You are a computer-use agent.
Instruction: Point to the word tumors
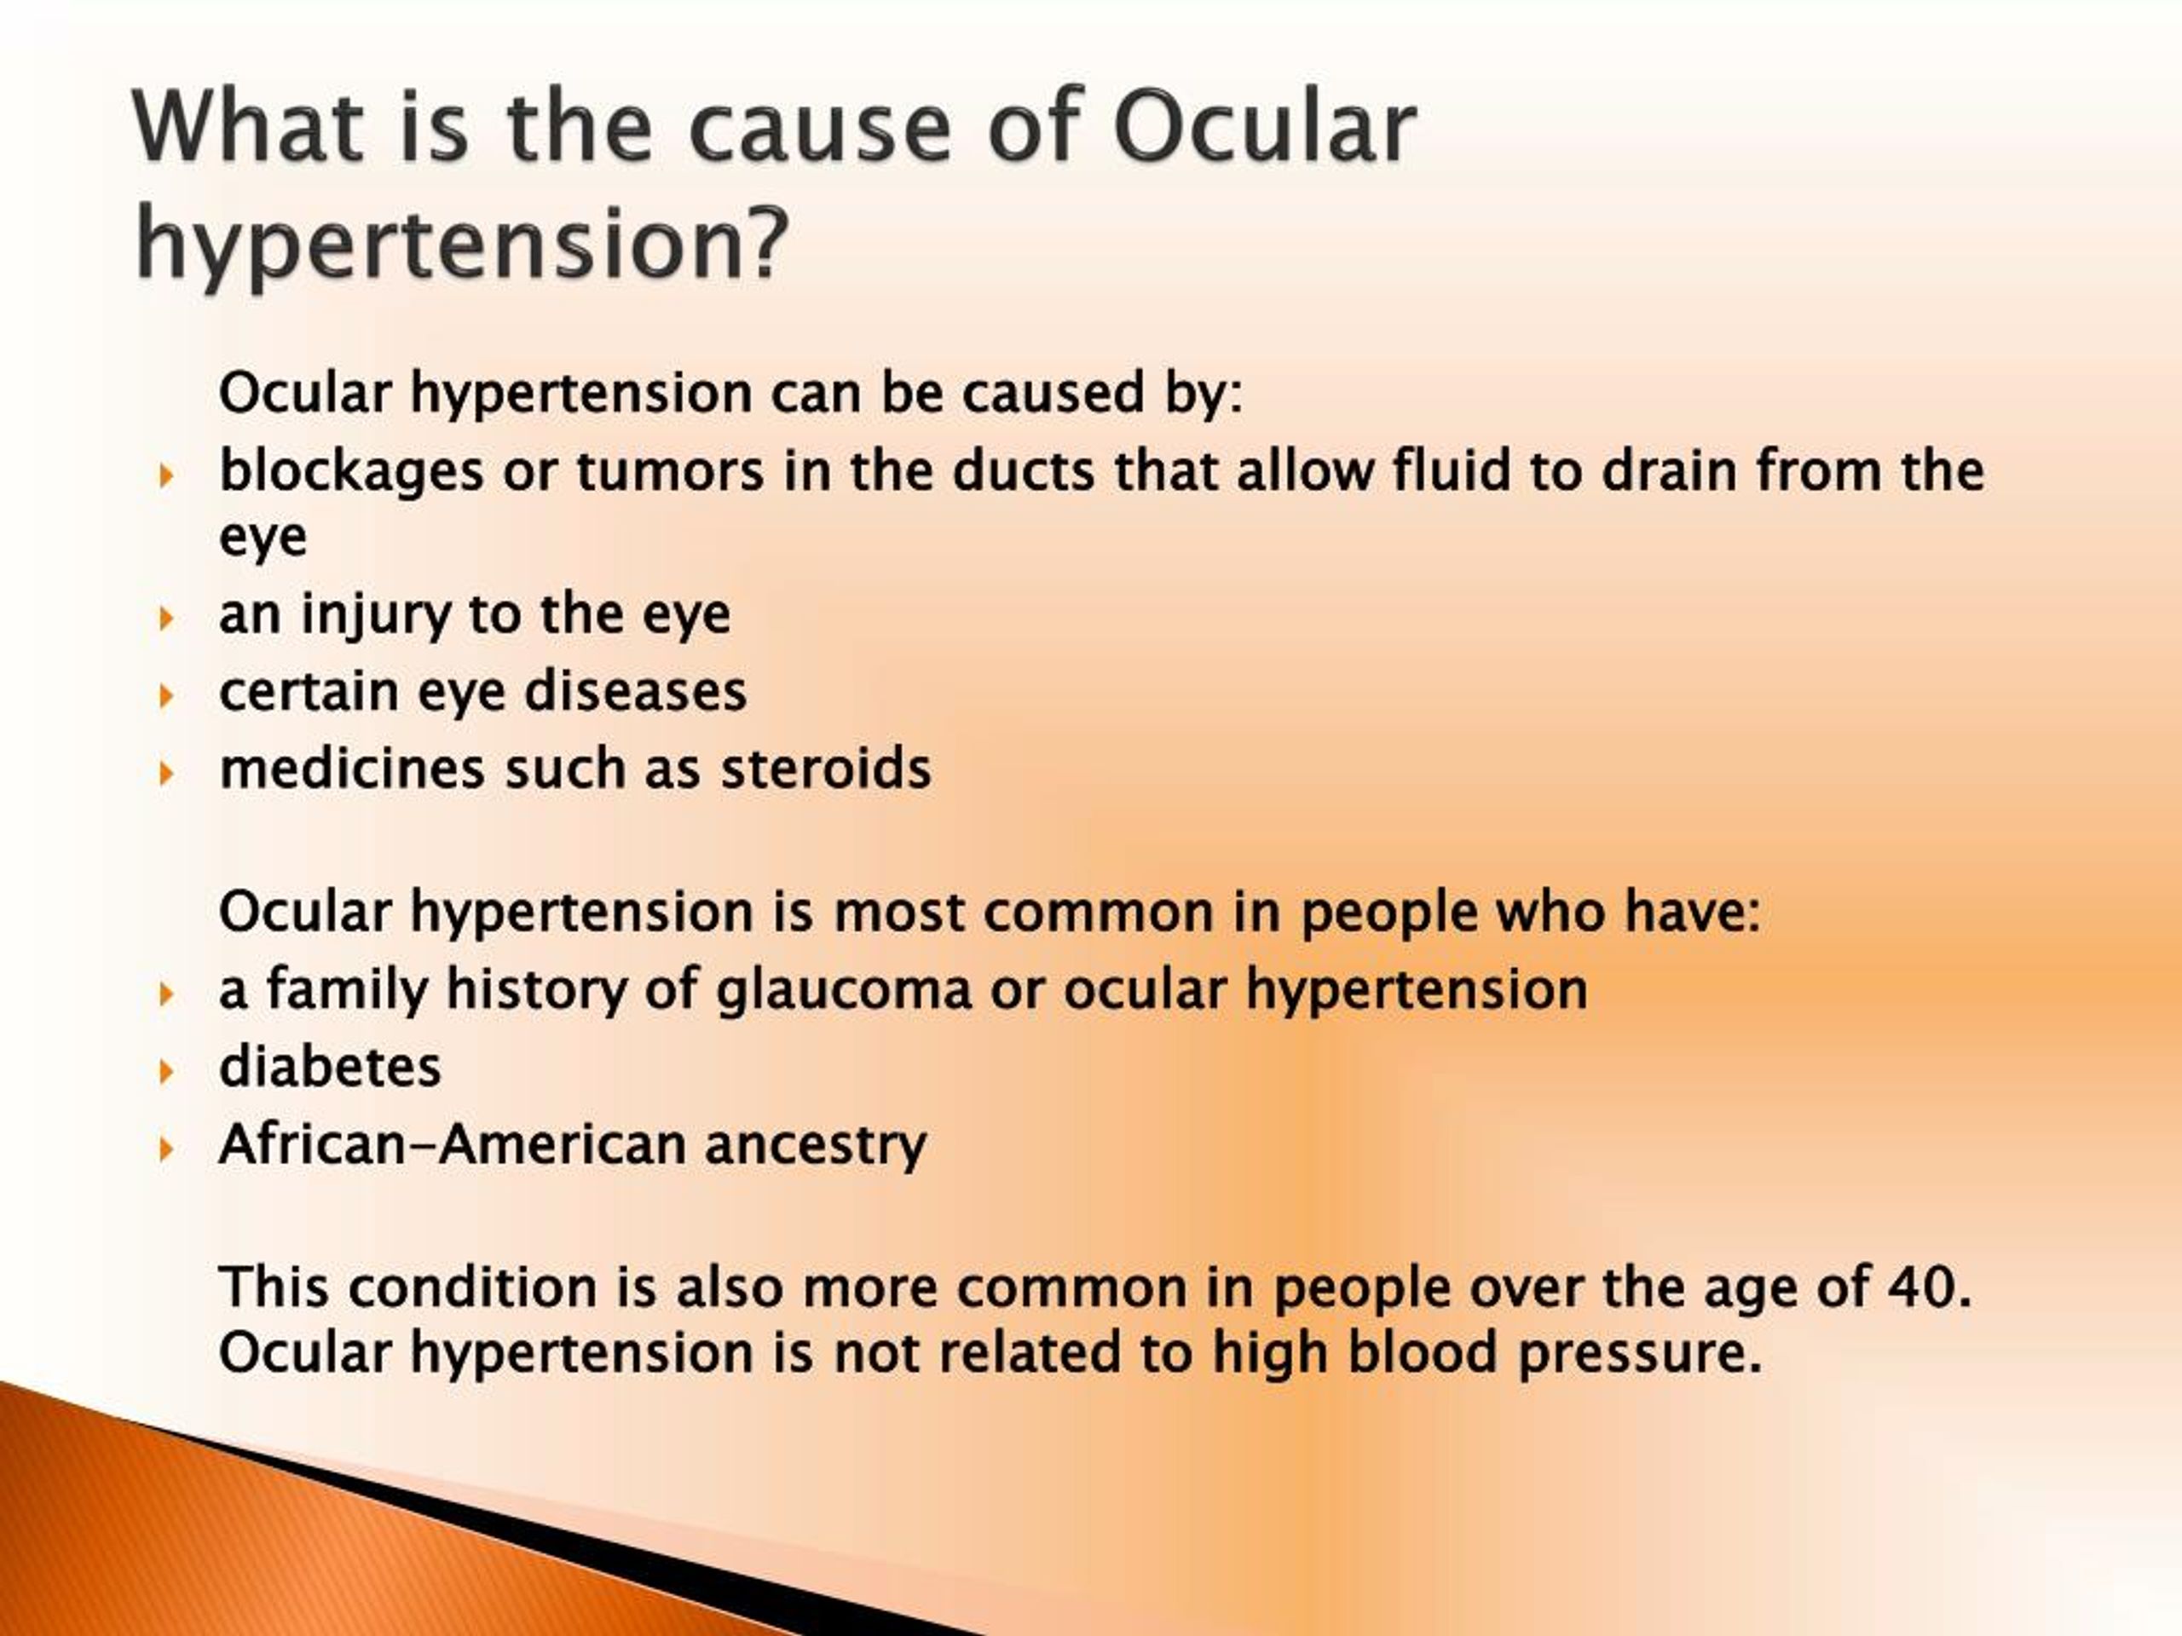[670, 471]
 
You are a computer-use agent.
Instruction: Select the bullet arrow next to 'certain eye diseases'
[167, 696]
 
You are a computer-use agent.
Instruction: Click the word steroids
[826, 769]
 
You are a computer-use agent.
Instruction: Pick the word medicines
[352, 769]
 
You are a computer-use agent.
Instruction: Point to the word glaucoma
[845, 991]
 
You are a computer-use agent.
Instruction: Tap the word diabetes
[331, 1067]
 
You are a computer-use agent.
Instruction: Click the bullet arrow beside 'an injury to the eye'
[167, 619]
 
